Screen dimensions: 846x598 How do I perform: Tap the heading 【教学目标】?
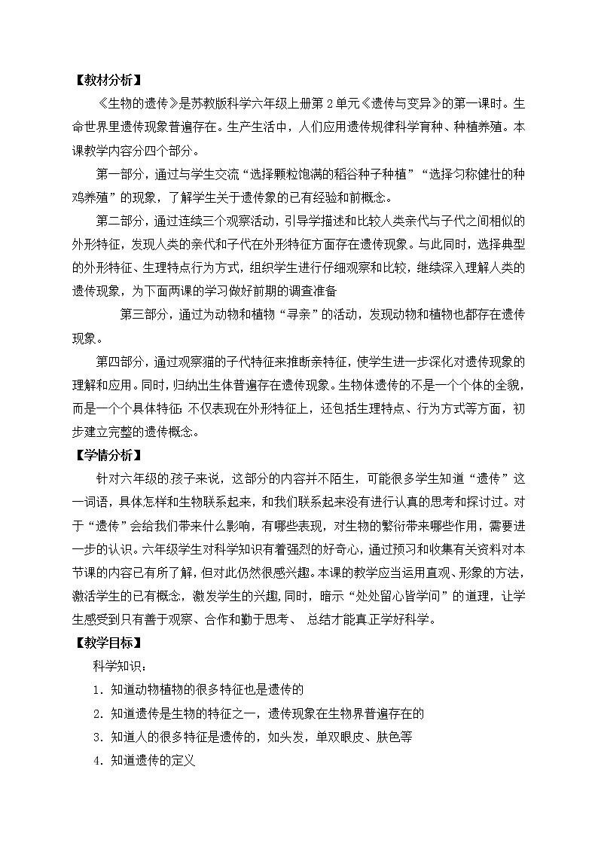[x=108, y=643]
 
